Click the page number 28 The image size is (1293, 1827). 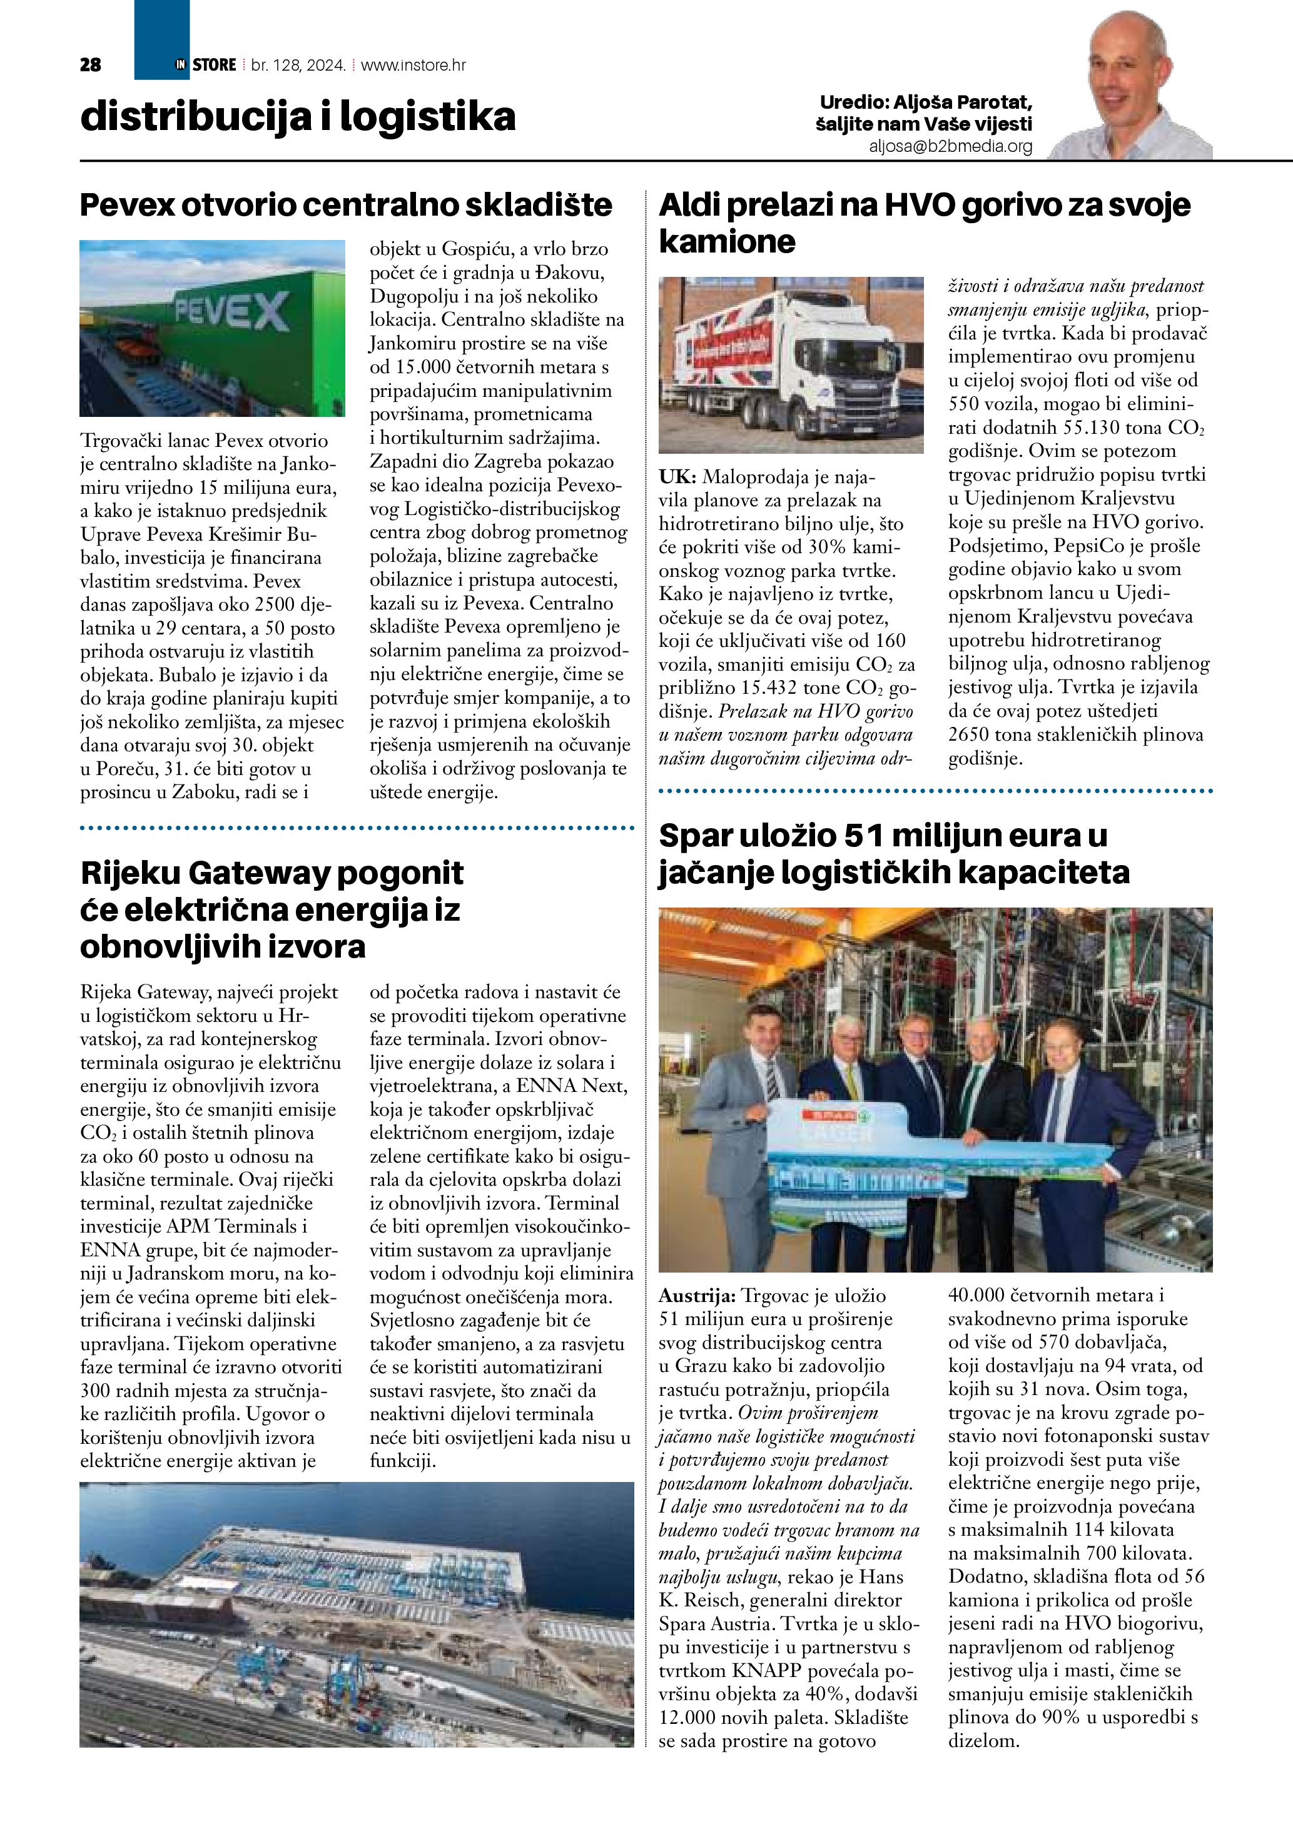tap(91, 65)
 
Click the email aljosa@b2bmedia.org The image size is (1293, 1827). tap(951, 146)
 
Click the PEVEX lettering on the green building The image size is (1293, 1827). tap(231, 312)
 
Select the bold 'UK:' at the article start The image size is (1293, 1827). tap(677, 478)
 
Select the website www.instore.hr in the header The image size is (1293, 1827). tap(413, 65)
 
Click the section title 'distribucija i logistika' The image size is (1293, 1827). tap(298, 117)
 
